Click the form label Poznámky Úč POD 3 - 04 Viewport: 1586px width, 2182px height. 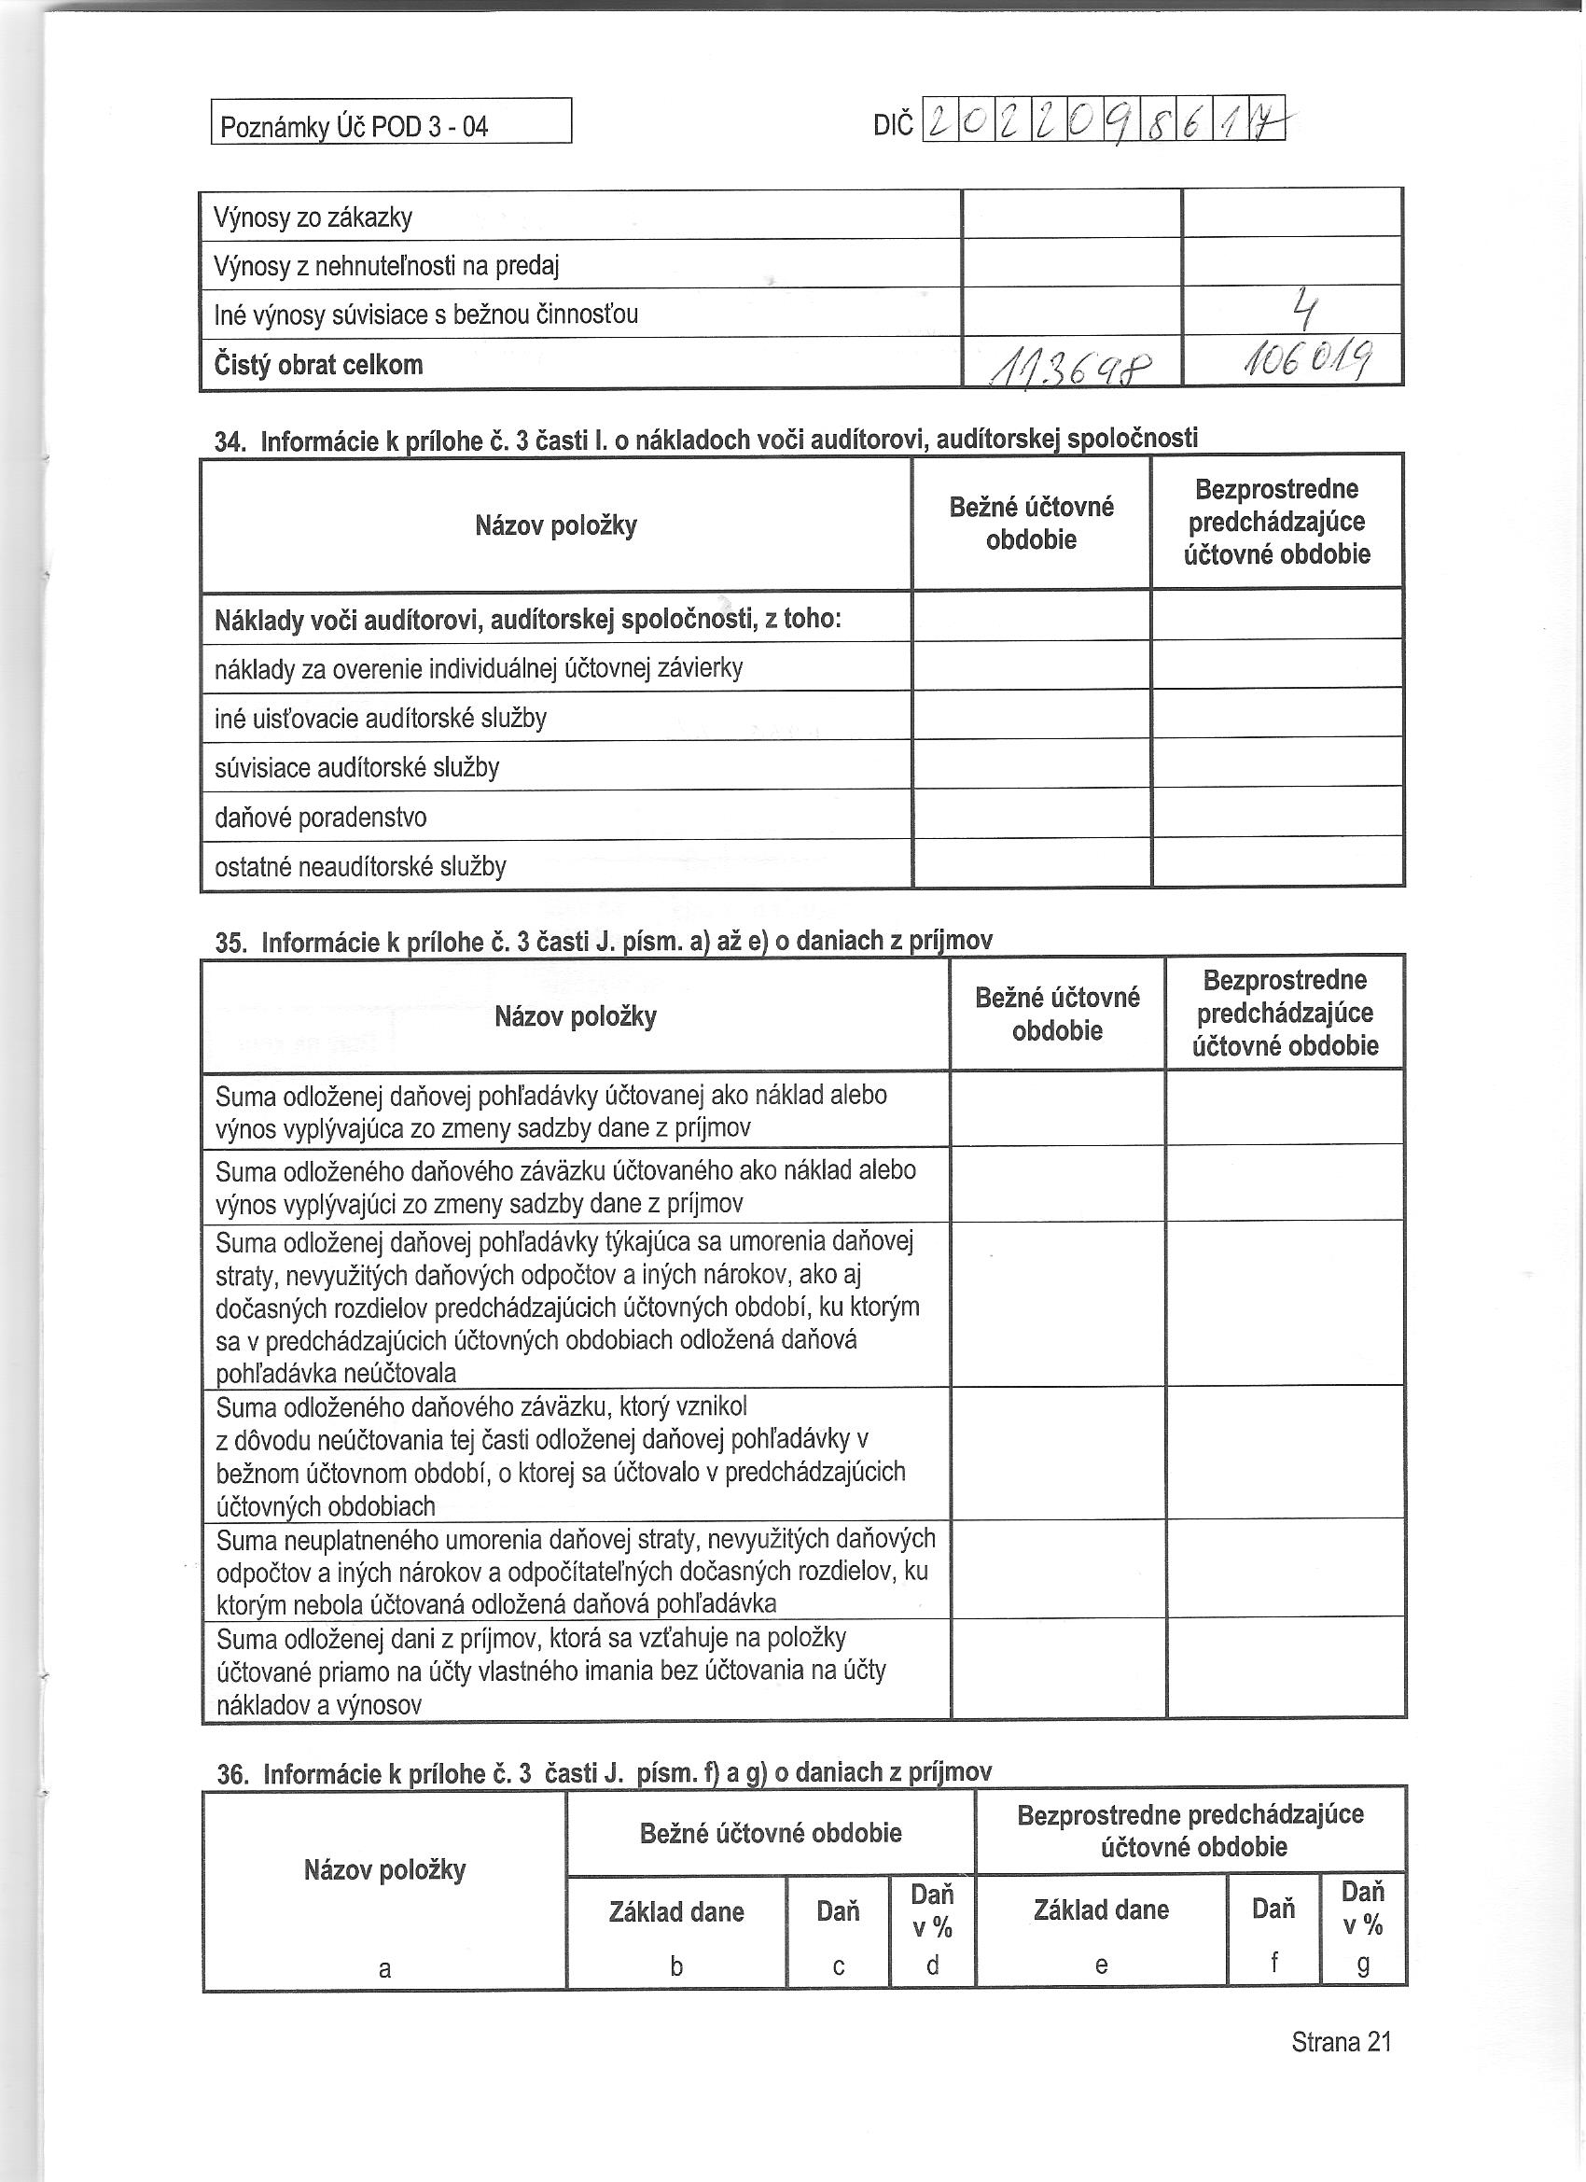click(x=354, y=126)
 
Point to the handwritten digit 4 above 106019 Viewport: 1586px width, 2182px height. click(x=1303, y=310)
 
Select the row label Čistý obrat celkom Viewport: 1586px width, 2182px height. click(x=318, y=366)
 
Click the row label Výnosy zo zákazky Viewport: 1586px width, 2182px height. click(x=313, y=218)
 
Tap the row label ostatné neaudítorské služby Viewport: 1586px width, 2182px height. click(x=360, y=868)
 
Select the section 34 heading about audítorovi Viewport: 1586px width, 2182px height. click(x=706, y=441)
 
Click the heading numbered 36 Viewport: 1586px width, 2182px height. click(x=604, y=1773)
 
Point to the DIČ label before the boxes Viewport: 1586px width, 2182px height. click(x=893, y=126)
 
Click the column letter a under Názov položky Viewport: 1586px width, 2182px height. click(x=384, y=1968)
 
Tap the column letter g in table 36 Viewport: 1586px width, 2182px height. click(x=1363, y=1965)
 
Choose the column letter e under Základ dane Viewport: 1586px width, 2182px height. click(x=1101, y=1965)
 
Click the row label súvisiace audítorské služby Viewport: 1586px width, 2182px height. click(x=356, y=769)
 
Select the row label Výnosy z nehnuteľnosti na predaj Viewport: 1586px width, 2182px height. click(x=386, y=267)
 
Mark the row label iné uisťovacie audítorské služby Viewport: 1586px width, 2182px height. click(x=380, y=719)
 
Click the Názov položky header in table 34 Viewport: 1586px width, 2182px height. click(x=556, y=526)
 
